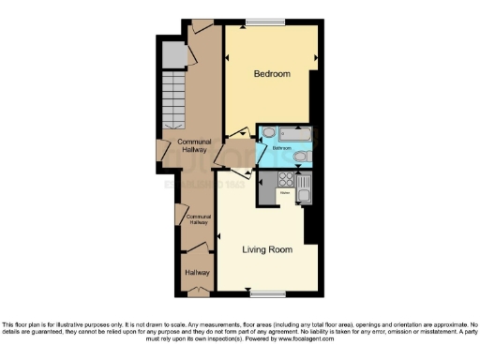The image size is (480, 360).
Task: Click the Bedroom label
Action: coord(272,73)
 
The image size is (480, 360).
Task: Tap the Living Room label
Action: coord(267,250)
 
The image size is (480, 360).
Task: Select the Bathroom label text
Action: coord(282,148)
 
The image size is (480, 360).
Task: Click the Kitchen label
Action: coord(284,192)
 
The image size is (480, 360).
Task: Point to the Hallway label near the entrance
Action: coord(197,272)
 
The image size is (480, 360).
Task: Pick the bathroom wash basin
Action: coord(267,133)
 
